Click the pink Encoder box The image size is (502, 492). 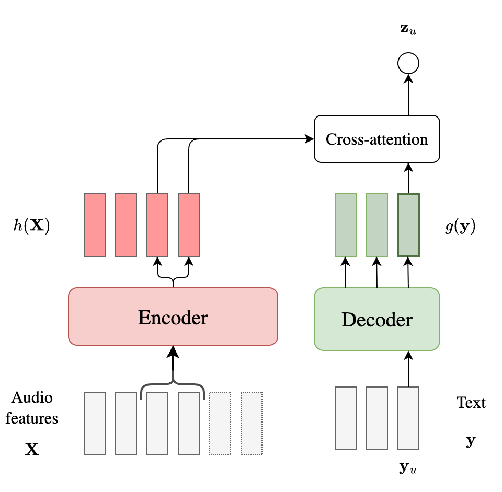(x=173, y=317)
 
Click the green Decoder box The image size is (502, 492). (x=376, y=319)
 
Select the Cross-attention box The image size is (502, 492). (x=376, y=139)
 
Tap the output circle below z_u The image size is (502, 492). (x=408, y=64)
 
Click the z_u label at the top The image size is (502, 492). (x=408, y=30)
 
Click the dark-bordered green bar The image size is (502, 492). (x=408, y=225)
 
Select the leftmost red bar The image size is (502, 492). (x=95, y=225)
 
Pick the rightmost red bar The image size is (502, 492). (x=189, y=225)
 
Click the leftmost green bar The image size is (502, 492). (x=345, y=225)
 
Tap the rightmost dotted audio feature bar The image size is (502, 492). (x=252, y=423)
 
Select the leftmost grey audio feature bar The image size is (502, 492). (x=95, y=423)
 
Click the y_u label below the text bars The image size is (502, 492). (x=408, y=467)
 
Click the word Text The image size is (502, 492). (x=471, y=403)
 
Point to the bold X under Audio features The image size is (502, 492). (x=32, y=449)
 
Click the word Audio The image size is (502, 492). (x=32, y=397)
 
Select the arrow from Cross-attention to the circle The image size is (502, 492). (x=408, y=94)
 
